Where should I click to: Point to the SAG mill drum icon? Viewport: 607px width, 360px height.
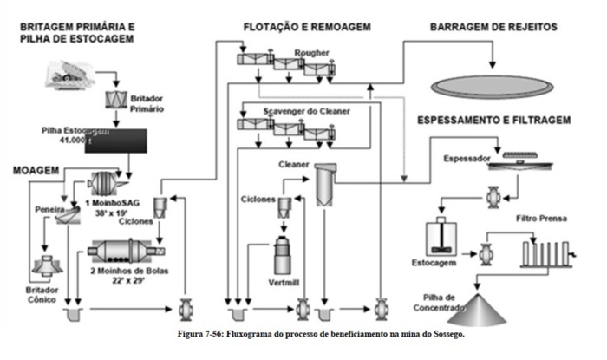(108, 187)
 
